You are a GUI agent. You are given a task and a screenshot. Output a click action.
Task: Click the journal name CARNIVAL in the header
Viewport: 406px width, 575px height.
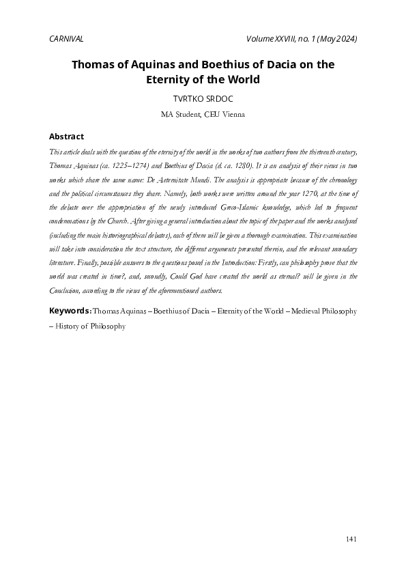(x=67, y=38)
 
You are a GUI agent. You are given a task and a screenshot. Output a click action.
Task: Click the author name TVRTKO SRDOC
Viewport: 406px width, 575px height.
(x=203, y=99)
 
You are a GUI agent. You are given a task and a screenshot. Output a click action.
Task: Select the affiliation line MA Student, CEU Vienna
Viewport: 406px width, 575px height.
(x=203, y=115)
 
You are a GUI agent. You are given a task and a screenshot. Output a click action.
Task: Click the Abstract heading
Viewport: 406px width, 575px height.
(x=67, y=137)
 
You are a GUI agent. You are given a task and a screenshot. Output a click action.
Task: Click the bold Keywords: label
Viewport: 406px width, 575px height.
(x=70, y=311)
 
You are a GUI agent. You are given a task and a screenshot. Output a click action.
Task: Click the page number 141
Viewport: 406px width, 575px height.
(x=351, y=539)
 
